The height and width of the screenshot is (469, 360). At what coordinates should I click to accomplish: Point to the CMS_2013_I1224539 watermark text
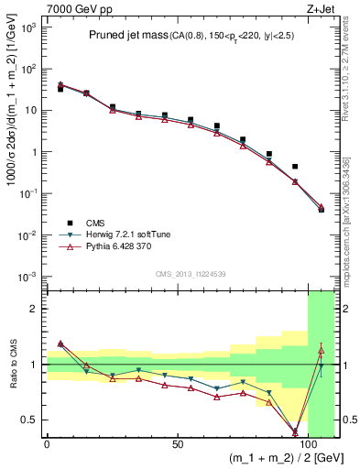[x=191, y=272]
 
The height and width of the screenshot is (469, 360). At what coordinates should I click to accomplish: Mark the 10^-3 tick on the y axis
[x=30, y=277]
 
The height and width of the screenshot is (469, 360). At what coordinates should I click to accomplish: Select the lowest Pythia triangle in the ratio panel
[x=295, y=431]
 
